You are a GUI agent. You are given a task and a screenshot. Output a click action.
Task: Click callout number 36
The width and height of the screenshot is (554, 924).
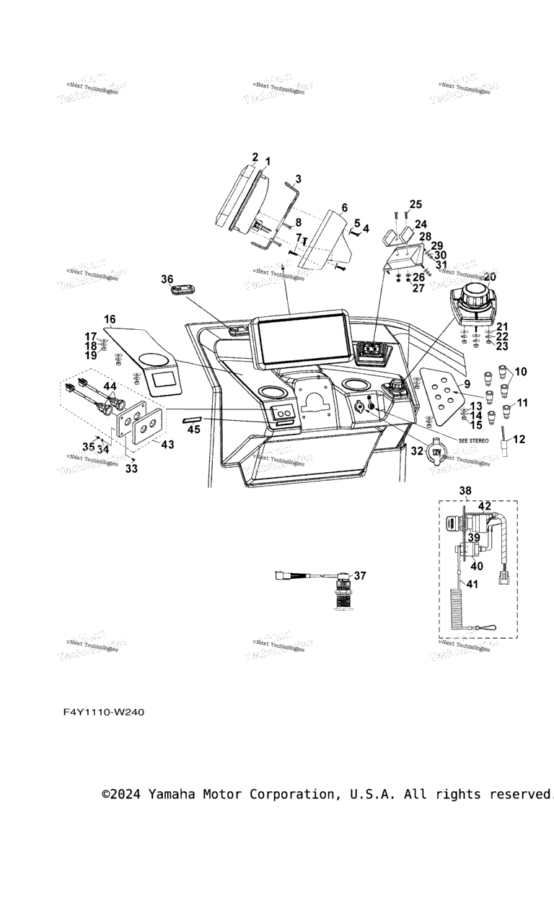tap(167, 279)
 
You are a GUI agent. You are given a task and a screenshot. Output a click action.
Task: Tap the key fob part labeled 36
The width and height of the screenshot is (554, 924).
tap(183, 290)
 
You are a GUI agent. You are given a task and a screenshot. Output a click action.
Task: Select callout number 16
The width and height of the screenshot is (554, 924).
tap(110, 319)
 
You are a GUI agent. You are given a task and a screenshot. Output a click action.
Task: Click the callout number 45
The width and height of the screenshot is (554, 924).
tap(194, 430)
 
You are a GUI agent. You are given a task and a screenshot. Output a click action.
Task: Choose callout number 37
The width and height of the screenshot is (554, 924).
tap(359, 575)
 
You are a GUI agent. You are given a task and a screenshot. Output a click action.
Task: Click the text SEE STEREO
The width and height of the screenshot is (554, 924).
tap(474, 440)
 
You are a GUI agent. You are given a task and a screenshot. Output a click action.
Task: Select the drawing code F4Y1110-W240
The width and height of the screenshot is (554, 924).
tap(104, 712)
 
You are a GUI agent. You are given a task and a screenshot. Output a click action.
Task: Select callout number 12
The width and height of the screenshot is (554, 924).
tap(519, 439)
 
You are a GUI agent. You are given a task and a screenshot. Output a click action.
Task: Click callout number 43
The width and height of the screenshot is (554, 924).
tap(167, 445)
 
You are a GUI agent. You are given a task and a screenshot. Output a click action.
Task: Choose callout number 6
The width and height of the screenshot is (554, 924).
tap(344, 208)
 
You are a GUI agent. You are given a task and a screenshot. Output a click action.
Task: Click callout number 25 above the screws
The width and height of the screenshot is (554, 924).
tap(415, 204)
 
